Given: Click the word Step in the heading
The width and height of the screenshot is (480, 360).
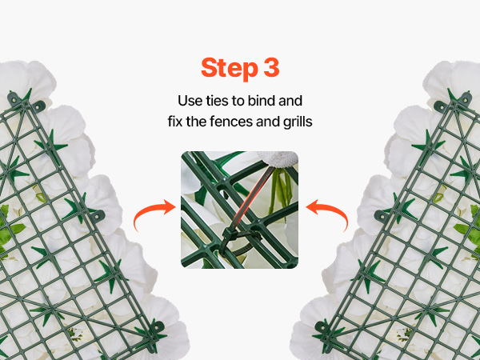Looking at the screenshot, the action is click(230, 69).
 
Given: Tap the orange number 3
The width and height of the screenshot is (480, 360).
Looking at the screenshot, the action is click(271, 67).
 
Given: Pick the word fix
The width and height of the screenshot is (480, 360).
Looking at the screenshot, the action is click(175, 122).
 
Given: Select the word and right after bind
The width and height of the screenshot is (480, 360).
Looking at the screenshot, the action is click(290, 101).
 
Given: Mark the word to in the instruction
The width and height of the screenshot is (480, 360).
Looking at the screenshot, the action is click(235, 101).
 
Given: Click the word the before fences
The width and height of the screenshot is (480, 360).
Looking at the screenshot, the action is click(197, 122).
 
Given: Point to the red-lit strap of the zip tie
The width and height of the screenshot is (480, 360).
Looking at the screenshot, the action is click(250, 199).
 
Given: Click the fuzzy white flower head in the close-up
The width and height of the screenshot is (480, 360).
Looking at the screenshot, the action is click(278, 159).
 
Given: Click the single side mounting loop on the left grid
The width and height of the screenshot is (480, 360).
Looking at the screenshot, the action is click(98, 215).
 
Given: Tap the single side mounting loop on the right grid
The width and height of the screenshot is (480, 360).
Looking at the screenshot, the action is click(382, 216).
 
